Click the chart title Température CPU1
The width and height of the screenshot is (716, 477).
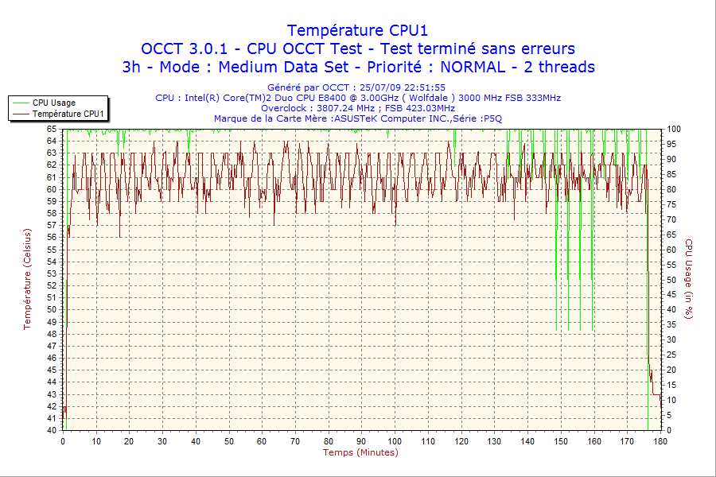pyautogui.click(x=357, y=30)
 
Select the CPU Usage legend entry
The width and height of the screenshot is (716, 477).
pyautogui.click(x=54, y=103)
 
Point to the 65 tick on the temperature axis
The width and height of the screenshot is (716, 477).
pyautogui.click(x=52, y=129)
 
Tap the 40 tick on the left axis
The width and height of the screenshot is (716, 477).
pyautogui.click(x=52, y=430)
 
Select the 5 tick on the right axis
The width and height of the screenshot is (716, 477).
pyautogui.click(x=671, y=415)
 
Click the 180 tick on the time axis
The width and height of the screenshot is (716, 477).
pyautogui.click(x=660, y=441)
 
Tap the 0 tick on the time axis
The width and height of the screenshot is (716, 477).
pyautogui.click(x=63, y=441)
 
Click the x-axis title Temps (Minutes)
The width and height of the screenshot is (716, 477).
pyautogui.click(x=360, y=452)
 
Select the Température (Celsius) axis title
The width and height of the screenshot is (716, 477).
pyautogui.click(x=28, y=279)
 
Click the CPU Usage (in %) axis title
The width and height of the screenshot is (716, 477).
pyautogui.click(x=690, y=279)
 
